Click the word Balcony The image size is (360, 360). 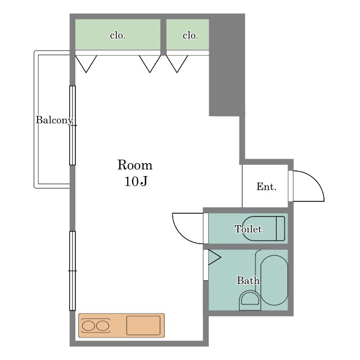[x=55, y=120]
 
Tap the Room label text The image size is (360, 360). [x=135, y=165]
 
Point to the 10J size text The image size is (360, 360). [x=136, y=181]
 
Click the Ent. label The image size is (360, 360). [x=266, y=187]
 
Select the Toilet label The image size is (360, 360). [x=248, y=229]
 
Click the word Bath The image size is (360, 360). [x=248, y=280]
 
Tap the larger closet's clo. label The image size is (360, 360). [x=118, y=35]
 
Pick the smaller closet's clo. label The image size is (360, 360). [x=190, y=35]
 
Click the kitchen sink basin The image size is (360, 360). [x=143, y=325]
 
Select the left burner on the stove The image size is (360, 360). [x=88, y=326]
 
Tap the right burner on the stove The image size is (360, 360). [x=102, y=326]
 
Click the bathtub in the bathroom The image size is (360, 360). [x=274, y=280]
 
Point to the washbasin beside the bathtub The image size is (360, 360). [x=250, y=300]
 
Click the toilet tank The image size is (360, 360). [x=280, y=228]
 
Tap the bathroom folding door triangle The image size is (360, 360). [x=214, y=258]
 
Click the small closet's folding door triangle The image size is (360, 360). [x=177, y=64]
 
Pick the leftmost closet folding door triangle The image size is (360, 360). [x=86, y=64]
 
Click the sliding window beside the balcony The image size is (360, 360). [x=73, y=125]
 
